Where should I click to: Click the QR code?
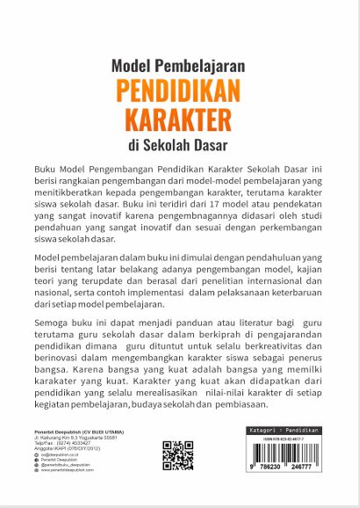pos(177,455)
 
